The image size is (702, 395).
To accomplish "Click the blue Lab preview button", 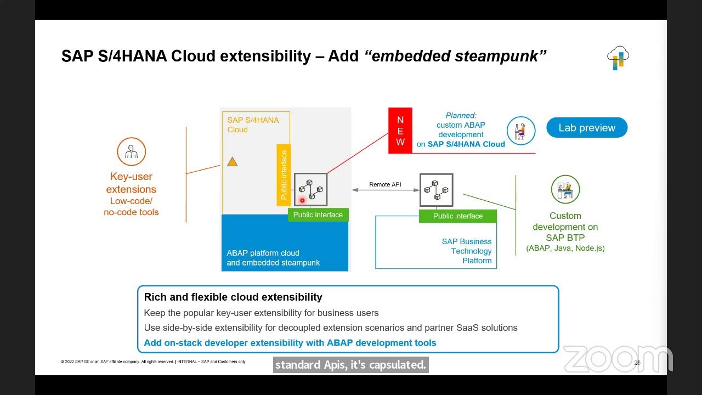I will point(587,128).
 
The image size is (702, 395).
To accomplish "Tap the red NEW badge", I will point(400,131).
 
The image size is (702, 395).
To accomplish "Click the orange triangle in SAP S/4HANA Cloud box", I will point(233,162).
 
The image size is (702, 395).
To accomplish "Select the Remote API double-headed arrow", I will point(384,190).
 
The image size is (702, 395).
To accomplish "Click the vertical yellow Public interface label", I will point(284,175).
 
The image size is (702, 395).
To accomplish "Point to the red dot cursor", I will point(302,201).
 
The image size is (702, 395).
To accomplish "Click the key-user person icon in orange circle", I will point(131,151).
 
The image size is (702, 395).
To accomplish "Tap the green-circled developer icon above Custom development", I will point(565,189).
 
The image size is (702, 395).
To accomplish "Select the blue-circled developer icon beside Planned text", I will point(520,131).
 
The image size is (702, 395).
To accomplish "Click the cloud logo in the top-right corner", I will point(618,58).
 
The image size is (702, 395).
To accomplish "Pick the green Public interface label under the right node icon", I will point(458,216).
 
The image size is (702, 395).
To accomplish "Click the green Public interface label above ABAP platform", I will point(318,215).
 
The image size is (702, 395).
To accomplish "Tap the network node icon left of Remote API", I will point(311,189).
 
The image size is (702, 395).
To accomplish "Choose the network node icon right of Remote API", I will point(437,190).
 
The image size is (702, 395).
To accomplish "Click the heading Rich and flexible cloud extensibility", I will point(233,297).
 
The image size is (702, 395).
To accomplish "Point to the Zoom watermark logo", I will point(618,359).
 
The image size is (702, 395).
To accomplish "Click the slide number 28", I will point(637,363).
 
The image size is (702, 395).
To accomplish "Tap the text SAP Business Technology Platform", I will point(467,251).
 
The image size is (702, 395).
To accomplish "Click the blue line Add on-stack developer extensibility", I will point(290,343).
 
